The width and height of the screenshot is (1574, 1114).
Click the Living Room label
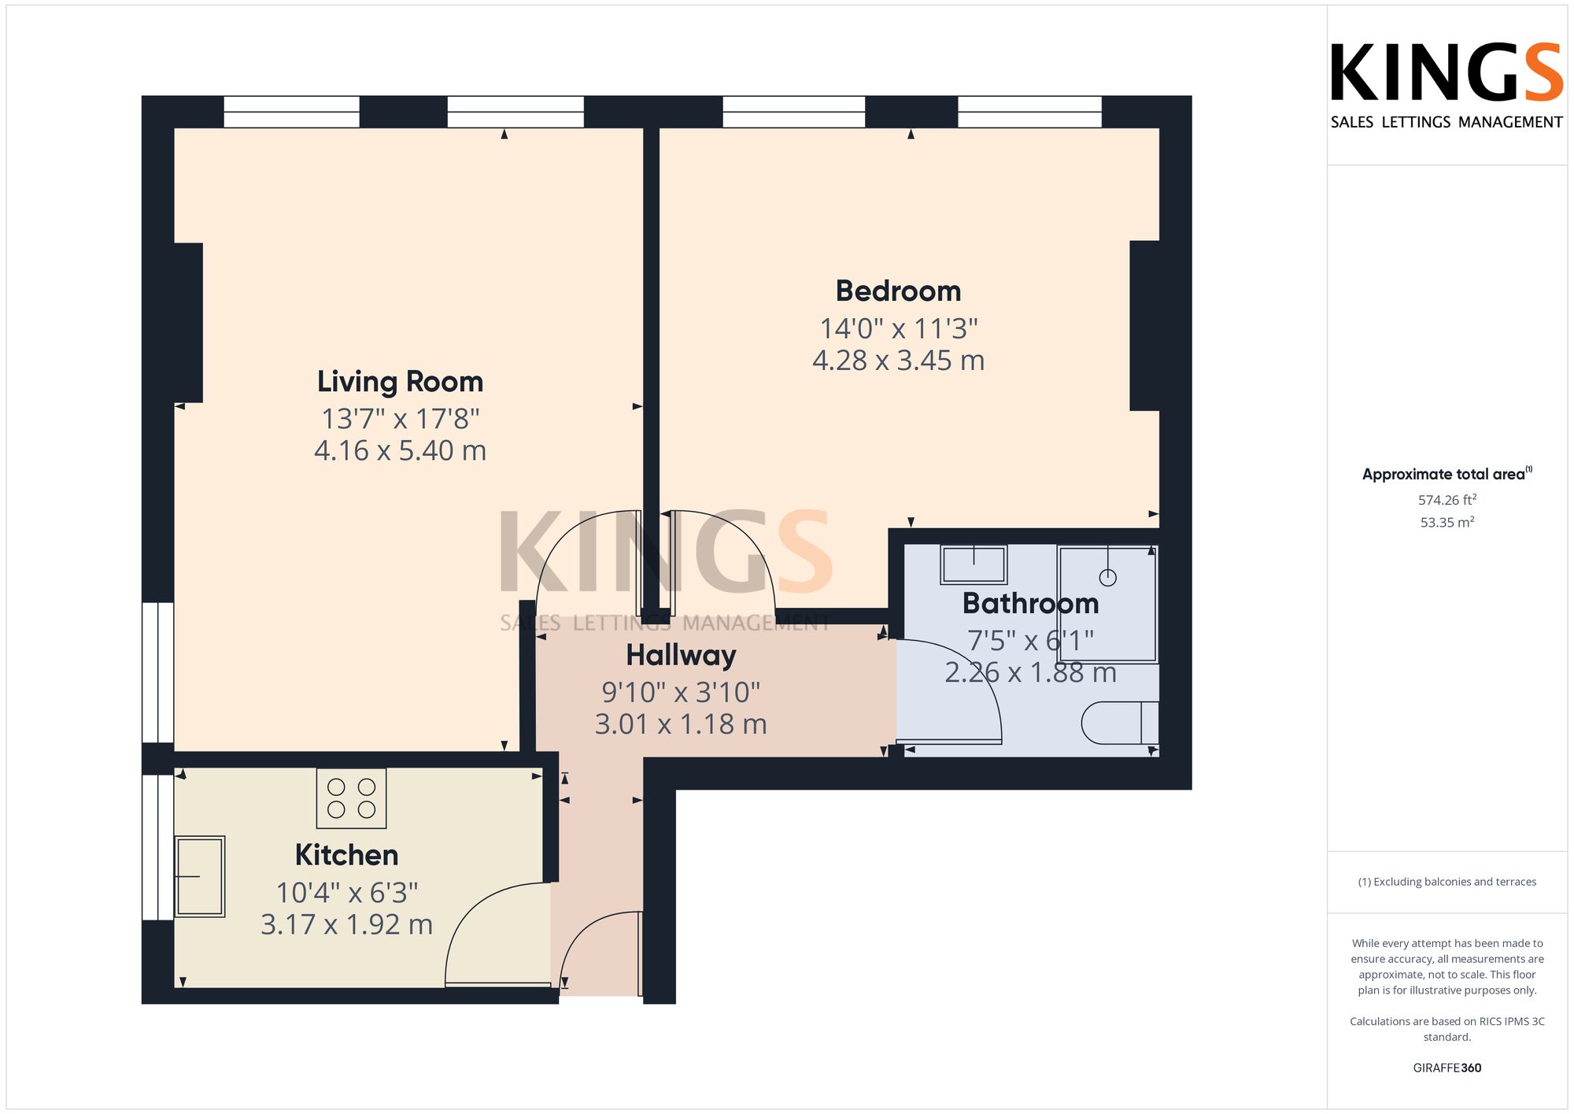400,382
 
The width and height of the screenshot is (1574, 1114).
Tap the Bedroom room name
898,291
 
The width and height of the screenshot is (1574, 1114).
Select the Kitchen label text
346,855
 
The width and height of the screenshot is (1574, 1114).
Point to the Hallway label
681,655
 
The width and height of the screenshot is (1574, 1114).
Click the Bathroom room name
1030,603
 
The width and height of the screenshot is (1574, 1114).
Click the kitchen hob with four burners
351,798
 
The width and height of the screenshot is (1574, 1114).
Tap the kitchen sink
199,876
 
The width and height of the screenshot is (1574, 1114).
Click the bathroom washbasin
974,564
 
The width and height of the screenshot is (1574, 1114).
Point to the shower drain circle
1108,578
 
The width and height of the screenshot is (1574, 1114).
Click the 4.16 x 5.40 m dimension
400,450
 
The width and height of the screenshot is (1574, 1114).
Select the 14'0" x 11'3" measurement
899,328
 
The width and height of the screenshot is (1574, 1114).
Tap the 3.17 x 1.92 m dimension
346,924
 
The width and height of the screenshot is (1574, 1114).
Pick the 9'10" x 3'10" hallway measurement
681,692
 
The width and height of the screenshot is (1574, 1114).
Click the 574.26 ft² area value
1447,500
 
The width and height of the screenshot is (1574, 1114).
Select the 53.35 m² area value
1447,522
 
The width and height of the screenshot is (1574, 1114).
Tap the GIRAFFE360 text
1447,1068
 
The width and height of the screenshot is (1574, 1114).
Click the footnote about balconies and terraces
1447,882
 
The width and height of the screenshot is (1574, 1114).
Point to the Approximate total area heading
1447,474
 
